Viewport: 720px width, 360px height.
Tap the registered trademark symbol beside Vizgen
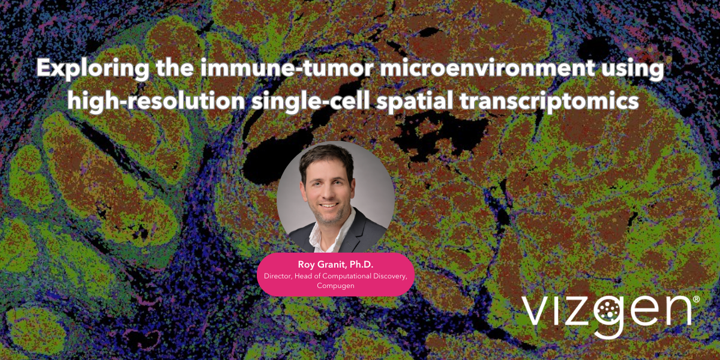[696, 298]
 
